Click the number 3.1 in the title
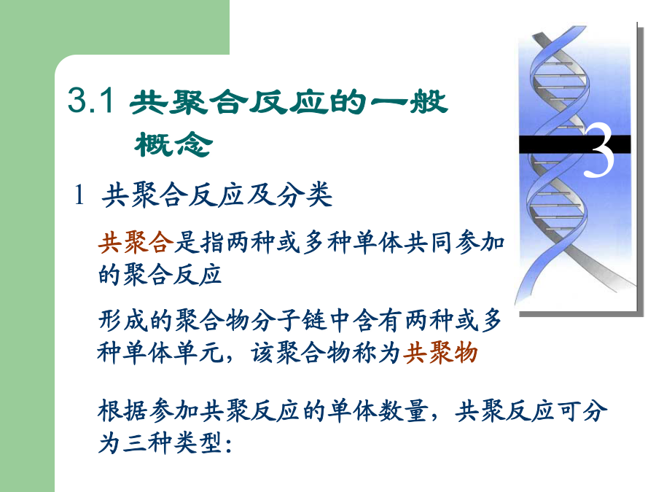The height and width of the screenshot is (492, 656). click(90, 100)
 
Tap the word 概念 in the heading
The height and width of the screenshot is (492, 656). click(173, 145)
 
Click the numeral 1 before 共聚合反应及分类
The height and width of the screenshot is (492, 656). click(79, 195)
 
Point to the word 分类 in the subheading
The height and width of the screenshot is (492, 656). click(304, 195)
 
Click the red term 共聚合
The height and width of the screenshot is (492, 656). click(136, 242)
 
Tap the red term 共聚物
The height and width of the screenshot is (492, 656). click(440, 352)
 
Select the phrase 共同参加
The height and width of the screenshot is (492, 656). click(455, 242)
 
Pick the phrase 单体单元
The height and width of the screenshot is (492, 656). click(172, 352)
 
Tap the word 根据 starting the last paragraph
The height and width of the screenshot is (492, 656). click(122, 410)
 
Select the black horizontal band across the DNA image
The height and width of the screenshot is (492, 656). click(575, 144)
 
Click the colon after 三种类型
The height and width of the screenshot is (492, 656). click(228, 445)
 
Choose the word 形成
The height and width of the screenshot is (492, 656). click(122, 321)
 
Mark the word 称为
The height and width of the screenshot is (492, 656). click(377, 352)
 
